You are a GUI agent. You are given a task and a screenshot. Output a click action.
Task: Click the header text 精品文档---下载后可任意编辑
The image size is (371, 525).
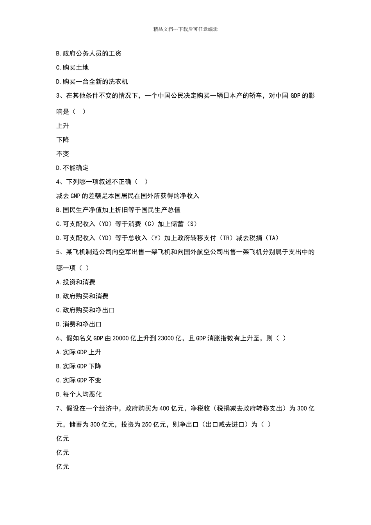pyautogui.click(x=185, y=29)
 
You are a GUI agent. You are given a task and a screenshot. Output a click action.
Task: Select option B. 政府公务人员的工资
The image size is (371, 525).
pyautogui.click(x=89, y=54)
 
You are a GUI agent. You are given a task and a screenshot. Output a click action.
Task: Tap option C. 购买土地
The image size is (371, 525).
pyautogui.click(x=72, y=68)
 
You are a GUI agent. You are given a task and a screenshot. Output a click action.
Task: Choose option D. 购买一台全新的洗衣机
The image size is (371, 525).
pyautogui.click(x=92, y=82)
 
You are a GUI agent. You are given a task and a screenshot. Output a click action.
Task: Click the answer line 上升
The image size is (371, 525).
pyautogui.click(x=62, y=125)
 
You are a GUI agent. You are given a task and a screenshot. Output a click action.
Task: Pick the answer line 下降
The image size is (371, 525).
pyautogui.click(x=62, y=139)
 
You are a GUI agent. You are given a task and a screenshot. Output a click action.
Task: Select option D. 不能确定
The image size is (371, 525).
pyautogui.click(x=72, y=168)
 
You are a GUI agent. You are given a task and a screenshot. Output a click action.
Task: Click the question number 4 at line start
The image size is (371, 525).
pyautogui.click(x=58, y=182)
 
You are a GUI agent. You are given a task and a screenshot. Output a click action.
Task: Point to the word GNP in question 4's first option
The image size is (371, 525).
pyautogui.click(x=75, y=196)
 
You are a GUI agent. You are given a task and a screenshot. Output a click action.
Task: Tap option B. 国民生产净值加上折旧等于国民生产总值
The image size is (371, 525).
pyautogui.click(x=118, y=210)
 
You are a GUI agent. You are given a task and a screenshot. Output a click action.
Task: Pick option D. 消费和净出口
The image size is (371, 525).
pyautogui.click(x=79, y=324)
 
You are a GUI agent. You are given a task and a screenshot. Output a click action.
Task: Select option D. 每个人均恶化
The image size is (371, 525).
pyautogui.click(x=79, y=395)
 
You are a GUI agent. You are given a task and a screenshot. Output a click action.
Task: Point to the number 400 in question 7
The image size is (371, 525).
pyautogui.click(x=164, y=409)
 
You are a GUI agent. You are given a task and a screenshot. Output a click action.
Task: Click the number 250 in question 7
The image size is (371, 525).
pyautogui.click(x=147, y=425)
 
